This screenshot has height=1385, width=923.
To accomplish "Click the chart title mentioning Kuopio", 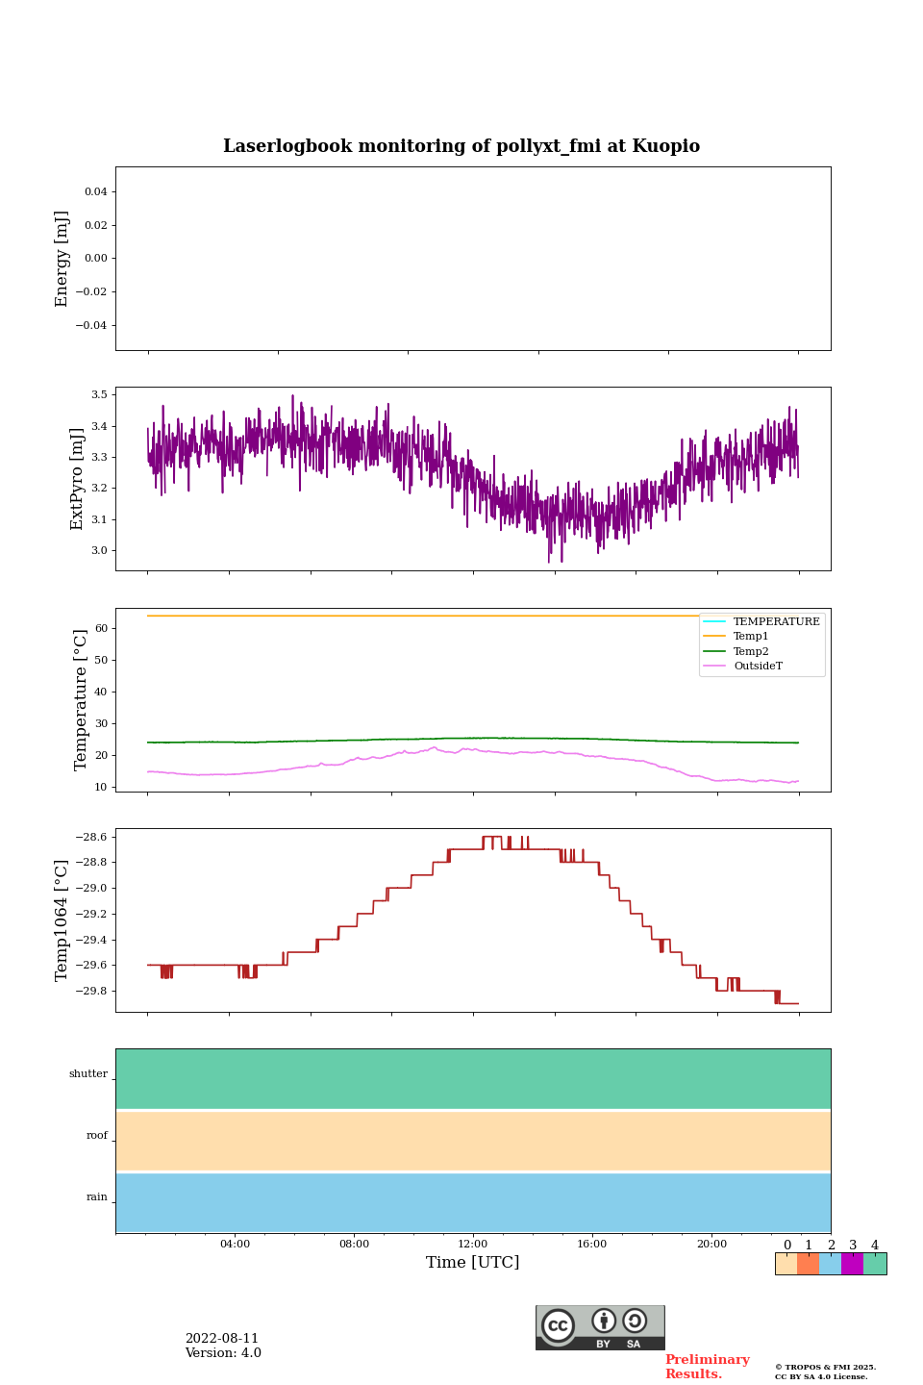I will pyautogui.click(x=461, y=146).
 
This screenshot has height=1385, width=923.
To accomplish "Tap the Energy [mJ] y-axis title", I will pyautogui.click(x=62, y=259).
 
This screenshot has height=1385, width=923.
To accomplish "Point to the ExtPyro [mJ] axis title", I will pyautogui.click(x=77, y=479).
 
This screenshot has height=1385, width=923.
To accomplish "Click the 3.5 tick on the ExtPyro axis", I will pyautogui.click(x=99, y=394).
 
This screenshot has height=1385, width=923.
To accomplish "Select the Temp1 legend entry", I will pyautogui.click(x=751, y=637).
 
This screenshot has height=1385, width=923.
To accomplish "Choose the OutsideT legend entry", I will pyautogui.click(x=758, y=667).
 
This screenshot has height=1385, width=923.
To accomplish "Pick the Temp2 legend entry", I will pyautogui.click(x=751, y=651).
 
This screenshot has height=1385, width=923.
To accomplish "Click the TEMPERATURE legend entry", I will pyautogui.click(x=776, y=622).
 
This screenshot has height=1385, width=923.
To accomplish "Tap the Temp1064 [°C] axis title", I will pyautogui.click(x=62, y=920).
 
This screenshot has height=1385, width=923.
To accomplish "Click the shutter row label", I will pyautogui.click(x=88, y=1074).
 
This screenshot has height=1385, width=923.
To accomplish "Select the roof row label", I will pyautogui.click(x=97, y=1136).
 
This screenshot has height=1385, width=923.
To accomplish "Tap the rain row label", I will pyautogui.click(x=97, y=1197).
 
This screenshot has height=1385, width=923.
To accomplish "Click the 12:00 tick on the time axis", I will pyautogui.click(x=473, y=1245).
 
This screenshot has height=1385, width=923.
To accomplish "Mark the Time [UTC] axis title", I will pyautogui.click(x=473, y=1263).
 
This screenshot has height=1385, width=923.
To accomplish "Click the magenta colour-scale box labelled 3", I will pyautogui.click(x=852, y=1264).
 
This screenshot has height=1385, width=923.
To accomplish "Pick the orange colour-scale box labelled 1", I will pyautogui.click(x=808, y=1264).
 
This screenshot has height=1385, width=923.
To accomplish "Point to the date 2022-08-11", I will pyautogui.click(x=222, y=1339).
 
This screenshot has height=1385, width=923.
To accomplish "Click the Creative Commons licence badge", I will pyautogui.click(x=600, y=1327).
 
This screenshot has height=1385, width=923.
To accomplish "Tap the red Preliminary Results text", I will pyautogui.click(x=707, y=1367).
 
